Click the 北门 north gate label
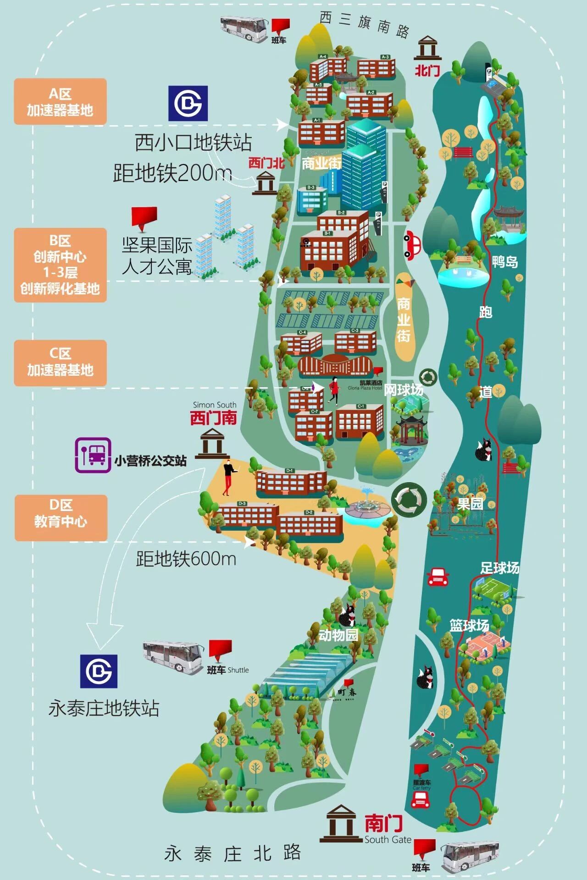point(427,71)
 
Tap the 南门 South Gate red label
point(383,823)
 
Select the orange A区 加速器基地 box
point(60,102)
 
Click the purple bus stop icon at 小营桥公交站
point(93,455)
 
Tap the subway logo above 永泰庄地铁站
point(99,671)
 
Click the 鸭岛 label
point(505,262)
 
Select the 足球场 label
point(500,568)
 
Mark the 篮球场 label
point(469,626)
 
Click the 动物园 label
point(338,635)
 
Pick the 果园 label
point(470,504)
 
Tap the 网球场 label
point(404,390)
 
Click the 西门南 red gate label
point(214,418)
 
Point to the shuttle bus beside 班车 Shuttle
point(173,657)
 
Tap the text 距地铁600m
point(186,559)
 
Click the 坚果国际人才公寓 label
point(157,256)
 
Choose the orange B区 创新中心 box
point(60,265)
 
